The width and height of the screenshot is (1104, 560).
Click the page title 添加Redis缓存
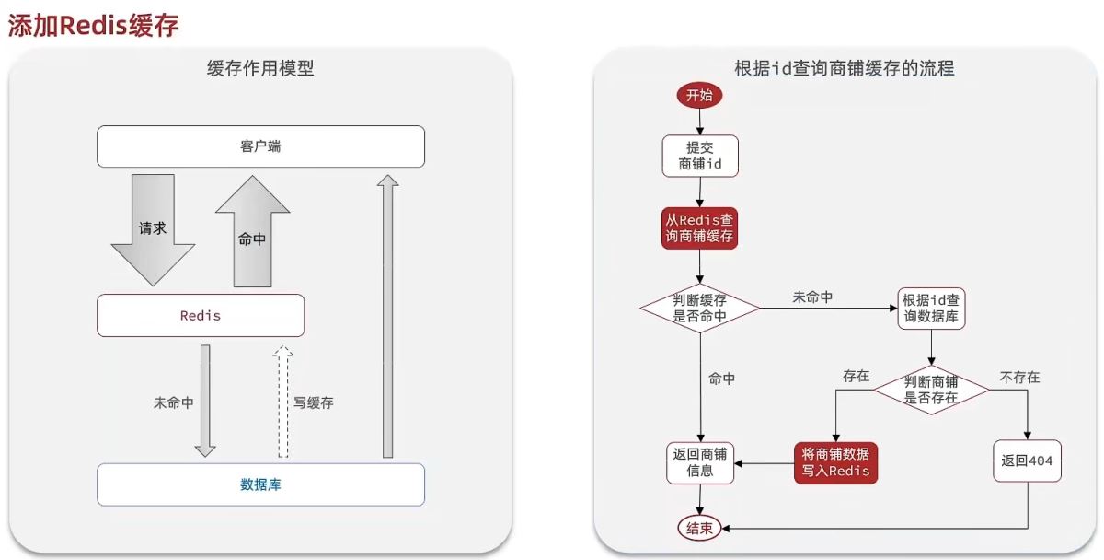point(93,25)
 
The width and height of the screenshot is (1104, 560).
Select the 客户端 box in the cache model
point(260,146)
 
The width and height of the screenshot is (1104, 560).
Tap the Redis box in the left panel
point(201,315)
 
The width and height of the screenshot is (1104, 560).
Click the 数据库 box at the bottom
point(260,484)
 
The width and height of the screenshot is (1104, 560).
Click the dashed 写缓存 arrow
point(283,402)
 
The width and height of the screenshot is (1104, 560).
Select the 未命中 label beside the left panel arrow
point(173,403)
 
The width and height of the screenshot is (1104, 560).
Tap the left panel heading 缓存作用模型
point(260,69)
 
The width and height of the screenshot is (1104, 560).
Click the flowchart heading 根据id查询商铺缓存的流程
point(844,69)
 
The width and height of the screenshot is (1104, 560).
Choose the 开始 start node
point(700,95)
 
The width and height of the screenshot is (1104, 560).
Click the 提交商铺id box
point(700,156)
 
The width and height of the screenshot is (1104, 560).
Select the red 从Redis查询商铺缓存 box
point(700,227)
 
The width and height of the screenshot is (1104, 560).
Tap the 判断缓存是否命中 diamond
point(700,308)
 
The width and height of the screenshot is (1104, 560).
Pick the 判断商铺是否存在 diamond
point(931,390)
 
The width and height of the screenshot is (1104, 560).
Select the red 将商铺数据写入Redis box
point(835,462)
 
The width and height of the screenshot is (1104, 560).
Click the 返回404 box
point(1027,461)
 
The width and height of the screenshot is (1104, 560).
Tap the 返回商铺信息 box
point(700,462)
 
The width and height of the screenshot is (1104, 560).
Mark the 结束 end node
point(700,528)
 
